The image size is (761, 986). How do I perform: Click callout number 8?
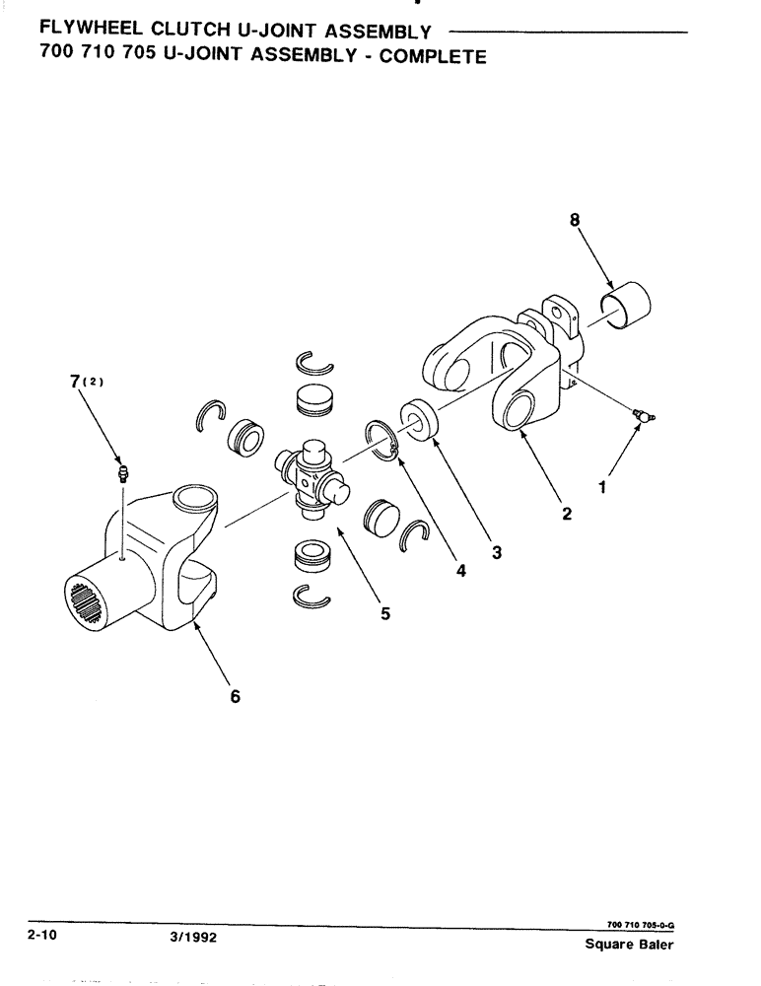click(574, 222)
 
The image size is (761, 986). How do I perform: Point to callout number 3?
click(497, 553)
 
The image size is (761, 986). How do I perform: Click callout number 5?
click(384, 613)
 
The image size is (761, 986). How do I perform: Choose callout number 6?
click(235, 696)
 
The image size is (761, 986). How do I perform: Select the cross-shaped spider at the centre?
click(312, 474)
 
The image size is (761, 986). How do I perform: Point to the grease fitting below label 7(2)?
click(122, 472)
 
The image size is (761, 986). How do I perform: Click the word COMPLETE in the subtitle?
click(433, 56)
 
